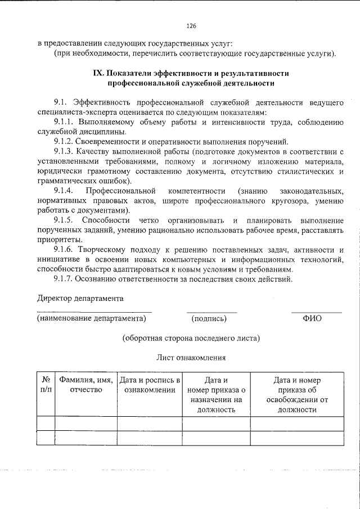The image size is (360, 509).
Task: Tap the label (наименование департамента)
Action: coord(91,318)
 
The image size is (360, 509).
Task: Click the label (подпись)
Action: coord(209,318)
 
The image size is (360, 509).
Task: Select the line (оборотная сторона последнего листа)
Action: coord(191,338)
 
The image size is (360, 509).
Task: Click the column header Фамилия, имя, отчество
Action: coord(86,385)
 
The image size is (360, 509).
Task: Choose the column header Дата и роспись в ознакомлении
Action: coord(150,385)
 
